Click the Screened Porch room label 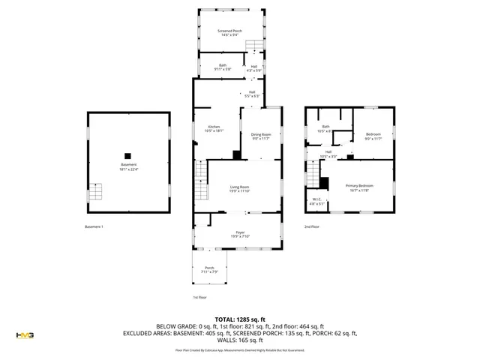pos(229,32)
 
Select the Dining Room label pos(260,136)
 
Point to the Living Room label pos(239,189)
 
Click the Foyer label pos(239,234)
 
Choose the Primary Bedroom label pos(358,187)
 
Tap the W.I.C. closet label pos(316,201)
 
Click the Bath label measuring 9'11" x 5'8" pos(222,67)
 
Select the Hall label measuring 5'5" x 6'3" pos(251,94)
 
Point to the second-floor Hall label pos(328,154)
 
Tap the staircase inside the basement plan pos(94,192)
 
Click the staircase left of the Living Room pos(200,180)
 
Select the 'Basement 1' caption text pos(94,226)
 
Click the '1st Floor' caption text pos(199,297)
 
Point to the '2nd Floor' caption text pos(311,226)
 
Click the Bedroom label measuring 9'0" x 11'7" pos(373,136)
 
